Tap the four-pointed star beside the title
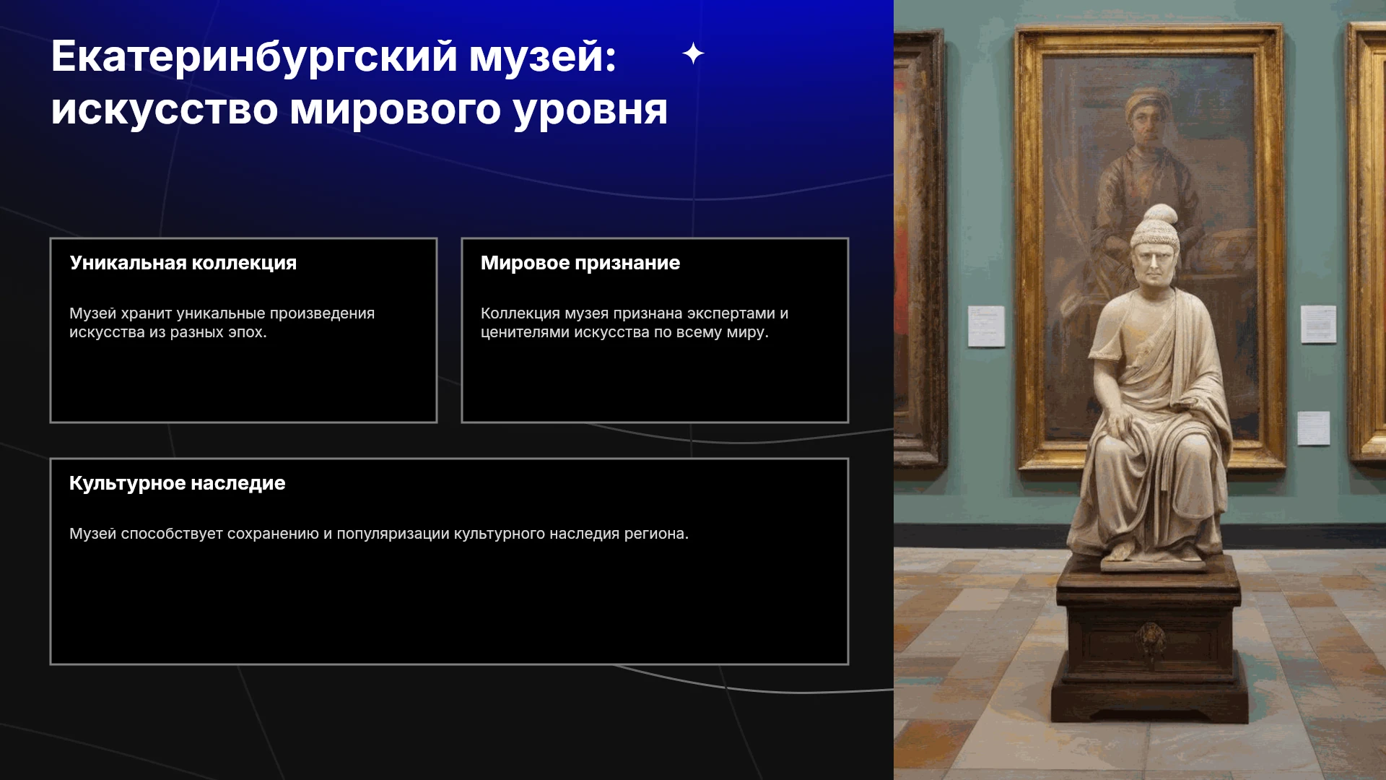coord(693,53)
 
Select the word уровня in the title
coord(590,111)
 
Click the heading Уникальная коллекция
coord(183,263)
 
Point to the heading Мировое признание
coord(580,263)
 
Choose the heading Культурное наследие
coord(178,483)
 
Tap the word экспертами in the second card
coord(731,314)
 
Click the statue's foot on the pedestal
coord(1121,550)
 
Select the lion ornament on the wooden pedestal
coord(1151,639)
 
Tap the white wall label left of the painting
coord(986,326)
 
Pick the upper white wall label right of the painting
coord(1318,324)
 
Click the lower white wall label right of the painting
coord(1313,428)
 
